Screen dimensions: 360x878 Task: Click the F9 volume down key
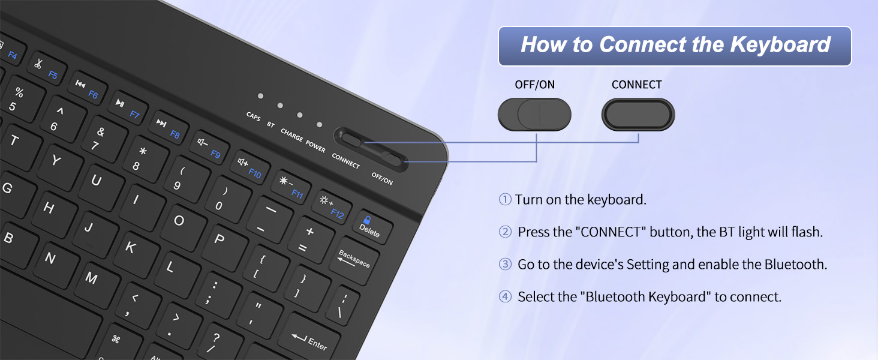[209, 148]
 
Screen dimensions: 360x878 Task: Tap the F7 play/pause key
[127, 108]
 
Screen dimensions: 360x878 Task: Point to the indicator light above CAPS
[260, 95]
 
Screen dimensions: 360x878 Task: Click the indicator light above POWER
[319, 125]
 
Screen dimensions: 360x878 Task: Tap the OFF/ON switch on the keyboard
[392, 159]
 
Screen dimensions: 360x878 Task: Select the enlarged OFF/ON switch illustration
[534, 114]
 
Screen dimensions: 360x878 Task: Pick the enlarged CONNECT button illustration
[638, 114]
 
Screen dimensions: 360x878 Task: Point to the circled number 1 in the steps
[505, 200]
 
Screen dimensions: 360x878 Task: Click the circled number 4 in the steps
[506, 297]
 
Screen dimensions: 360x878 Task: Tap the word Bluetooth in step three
[795, 265]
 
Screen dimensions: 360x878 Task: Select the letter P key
[220, 239]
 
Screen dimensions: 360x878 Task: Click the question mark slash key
[214, 342]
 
